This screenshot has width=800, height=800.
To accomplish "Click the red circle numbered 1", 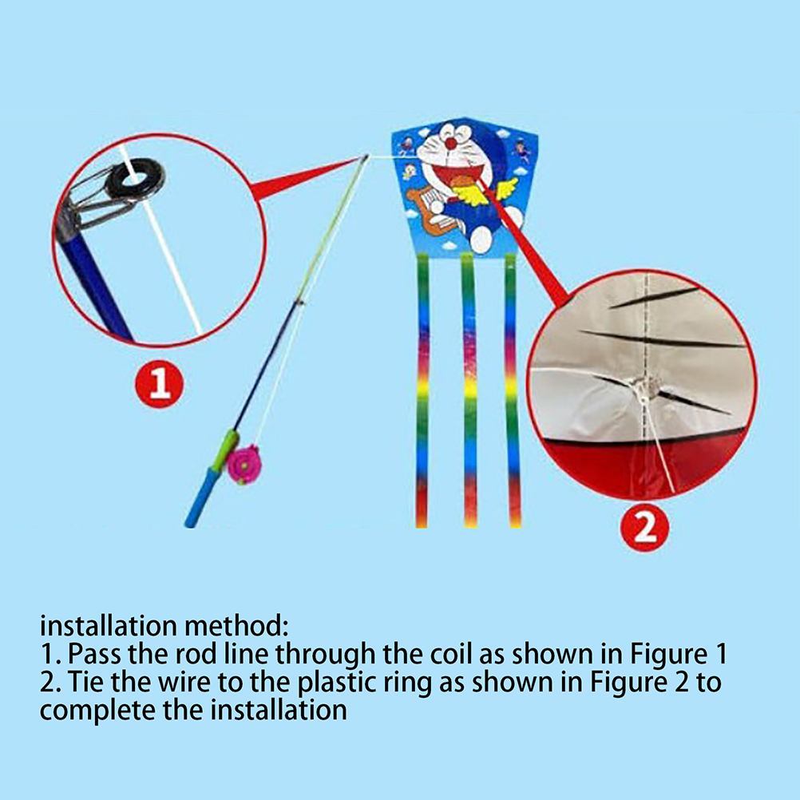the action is click(159, 384).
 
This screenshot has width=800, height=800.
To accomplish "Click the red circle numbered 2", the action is click(645, 528).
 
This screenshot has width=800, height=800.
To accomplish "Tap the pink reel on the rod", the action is click(244, 465).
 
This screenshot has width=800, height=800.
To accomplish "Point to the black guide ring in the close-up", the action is click(136, 179).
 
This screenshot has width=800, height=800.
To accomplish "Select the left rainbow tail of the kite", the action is click(422, 390).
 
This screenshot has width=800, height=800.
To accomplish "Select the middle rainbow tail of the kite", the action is click(469, 390).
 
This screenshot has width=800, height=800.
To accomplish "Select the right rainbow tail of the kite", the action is click(513, 390).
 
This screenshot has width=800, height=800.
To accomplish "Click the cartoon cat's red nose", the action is click(451, 144).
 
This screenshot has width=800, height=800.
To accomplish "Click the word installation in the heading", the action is click(109, 625).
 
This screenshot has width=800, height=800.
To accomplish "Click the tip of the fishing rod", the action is click(366, 156).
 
